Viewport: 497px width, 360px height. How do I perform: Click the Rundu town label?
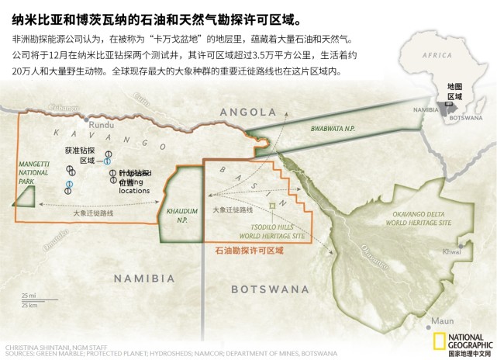coord(102,124)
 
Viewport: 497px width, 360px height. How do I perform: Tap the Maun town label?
coord(442,320)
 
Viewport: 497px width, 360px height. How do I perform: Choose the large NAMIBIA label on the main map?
coord(143,278)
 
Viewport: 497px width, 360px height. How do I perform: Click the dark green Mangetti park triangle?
coord(26,196)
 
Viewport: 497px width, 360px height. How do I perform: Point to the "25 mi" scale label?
coord(29,296)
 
